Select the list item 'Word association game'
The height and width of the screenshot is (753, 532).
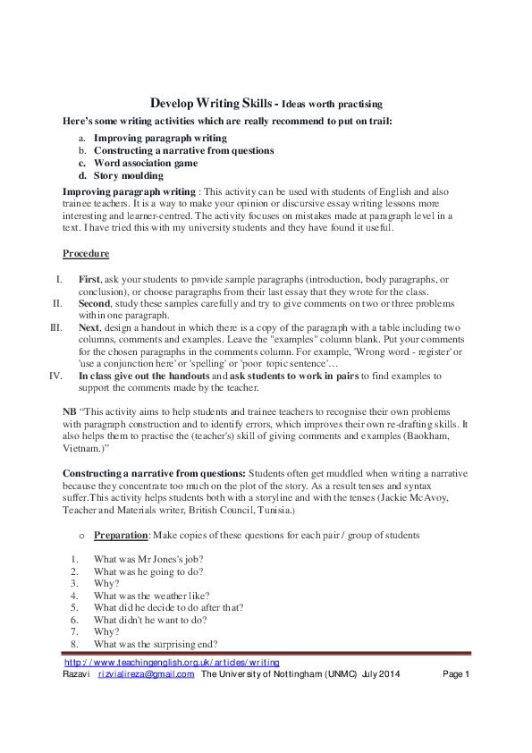[x=146, y=164]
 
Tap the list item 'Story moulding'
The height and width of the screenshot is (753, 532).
[x=131, y=176]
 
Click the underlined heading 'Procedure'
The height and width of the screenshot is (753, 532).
[x=86, y=254]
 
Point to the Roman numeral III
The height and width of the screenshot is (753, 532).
[x=55, y=327]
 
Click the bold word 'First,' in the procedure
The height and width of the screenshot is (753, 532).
[x=91, y=279]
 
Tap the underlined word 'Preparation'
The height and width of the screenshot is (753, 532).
[x=122, y=534]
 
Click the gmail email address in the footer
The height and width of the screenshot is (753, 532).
[x=146, y=674]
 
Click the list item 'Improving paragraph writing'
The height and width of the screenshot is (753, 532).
[x=160, y=139]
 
